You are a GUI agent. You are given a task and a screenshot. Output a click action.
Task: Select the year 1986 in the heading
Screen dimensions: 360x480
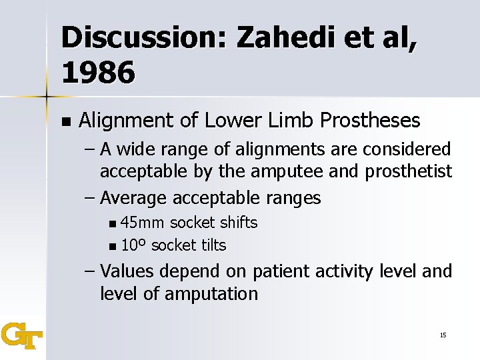click(98, 73)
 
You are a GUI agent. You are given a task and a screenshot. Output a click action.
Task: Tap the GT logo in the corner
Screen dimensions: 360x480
click(21, 335)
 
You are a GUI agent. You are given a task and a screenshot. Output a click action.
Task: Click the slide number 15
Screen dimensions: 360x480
click(443, 335)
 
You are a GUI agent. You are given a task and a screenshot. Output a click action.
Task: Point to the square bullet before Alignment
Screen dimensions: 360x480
click(65, 121)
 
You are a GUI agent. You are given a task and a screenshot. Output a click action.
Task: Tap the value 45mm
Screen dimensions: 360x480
click(145, 223)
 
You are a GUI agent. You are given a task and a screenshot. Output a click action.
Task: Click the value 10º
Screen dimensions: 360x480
click(134, 245)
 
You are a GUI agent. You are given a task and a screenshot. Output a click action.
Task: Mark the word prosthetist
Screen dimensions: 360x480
click(408, 172)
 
